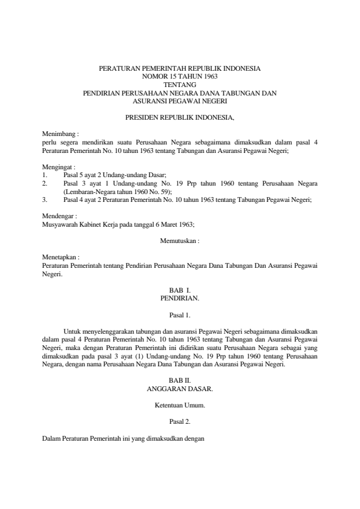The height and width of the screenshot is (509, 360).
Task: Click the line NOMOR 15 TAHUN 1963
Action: coord(180,77)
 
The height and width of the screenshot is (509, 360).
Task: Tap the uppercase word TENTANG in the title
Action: coord(180,86)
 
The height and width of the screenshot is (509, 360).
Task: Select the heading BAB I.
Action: coord(180,291)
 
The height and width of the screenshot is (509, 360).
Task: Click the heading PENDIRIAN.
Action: coord(180,299)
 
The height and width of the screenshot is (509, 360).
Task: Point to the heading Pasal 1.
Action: coord(180,315)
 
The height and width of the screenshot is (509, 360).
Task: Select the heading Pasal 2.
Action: coord(180,423)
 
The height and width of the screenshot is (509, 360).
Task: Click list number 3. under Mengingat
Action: coord(44,198)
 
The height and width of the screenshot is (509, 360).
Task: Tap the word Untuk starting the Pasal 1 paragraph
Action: coord(71,331)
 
